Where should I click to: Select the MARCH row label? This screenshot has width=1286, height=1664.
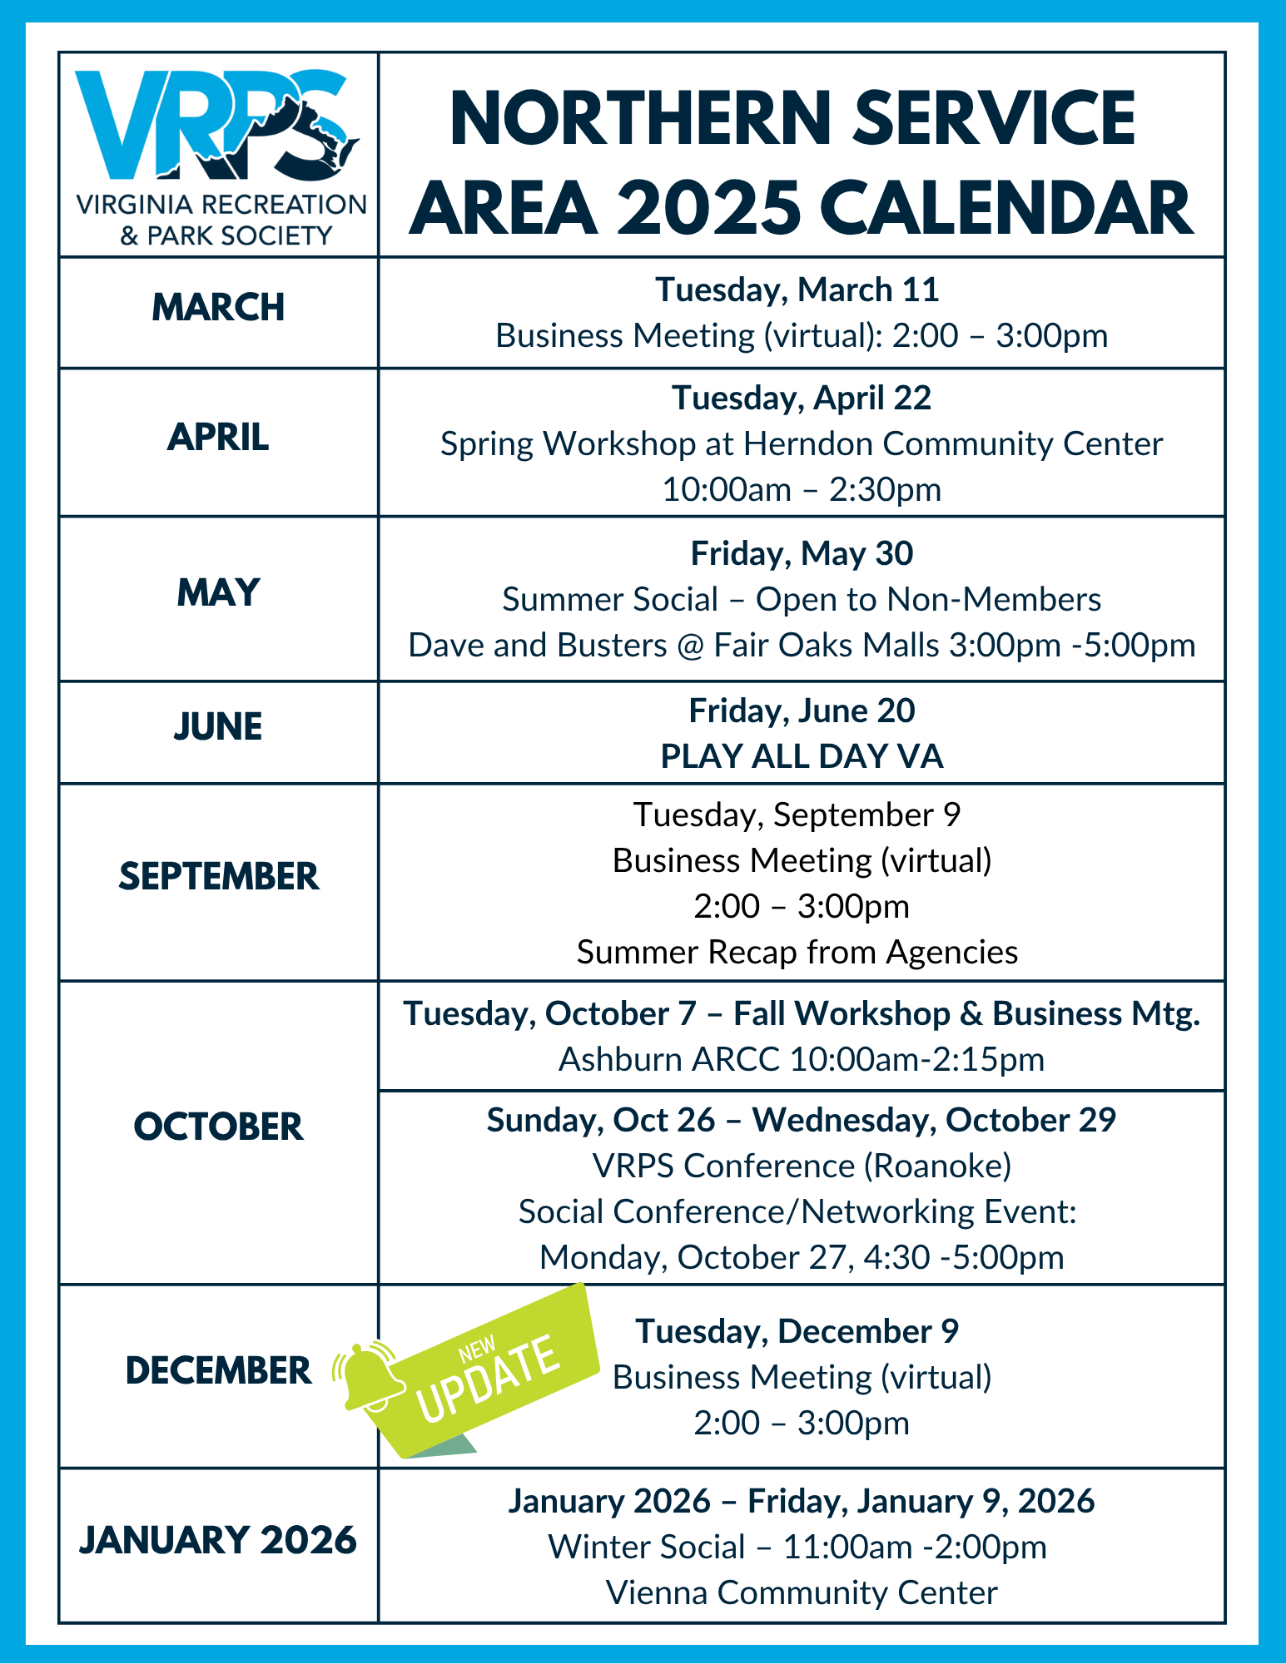[x=218, y=307]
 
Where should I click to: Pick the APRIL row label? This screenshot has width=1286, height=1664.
[x=218, y=437]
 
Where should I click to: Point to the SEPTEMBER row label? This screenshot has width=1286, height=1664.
[x=218, y=876]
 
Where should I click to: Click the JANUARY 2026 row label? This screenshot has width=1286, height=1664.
[x=218, y=1540]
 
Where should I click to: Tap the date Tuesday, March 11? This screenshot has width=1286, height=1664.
[x=797, y=290]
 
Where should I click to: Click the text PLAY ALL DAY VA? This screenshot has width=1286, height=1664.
[x=802, y=756]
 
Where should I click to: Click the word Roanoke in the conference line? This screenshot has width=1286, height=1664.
[x=937, y=1166]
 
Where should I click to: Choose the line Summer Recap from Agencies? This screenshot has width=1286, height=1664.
[x=797, y=952]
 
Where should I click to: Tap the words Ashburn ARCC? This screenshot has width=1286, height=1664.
[x=669, y=1059]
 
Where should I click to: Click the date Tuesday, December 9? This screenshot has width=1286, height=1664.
[x=797, y=1331]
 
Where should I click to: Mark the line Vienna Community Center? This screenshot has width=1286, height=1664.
[x=802, y=1592]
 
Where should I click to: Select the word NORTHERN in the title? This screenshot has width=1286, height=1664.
[x=641, y=118]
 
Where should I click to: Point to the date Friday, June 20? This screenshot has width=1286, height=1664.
[x=802, y=711]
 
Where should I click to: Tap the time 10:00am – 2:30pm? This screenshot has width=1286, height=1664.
[x=802, y=489]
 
